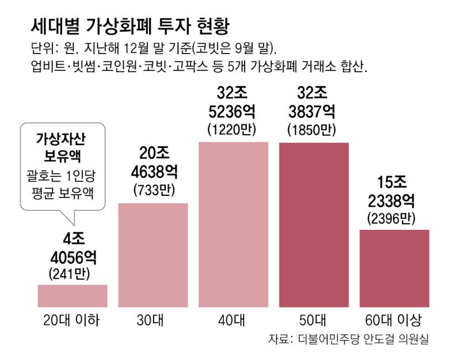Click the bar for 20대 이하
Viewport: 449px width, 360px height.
click(x=73, y=295)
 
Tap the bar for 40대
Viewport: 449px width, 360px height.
click(x=233, y=224)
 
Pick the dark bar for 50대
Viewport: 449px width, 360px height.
click(x=314, y=224)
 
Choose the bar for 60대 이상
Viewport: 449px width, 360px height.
click(x=394, y=268)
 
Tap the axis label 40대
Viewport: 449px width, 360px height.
click(x=233, y=320)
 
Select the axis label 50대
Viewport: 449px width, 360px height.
click(x=314, y=320)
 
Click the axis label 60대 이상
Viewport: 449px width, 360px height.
click(x=394, y=320)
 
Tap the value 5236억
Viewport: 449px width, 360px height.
click(x=233, y=111)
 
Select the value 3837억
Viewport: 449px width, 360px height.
click(x=314, y=111)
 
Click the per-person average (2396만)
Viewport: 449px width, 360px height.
click(x=394, y=218)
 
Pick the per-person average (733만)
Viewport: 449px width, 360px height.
click(x=153, y=190)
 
